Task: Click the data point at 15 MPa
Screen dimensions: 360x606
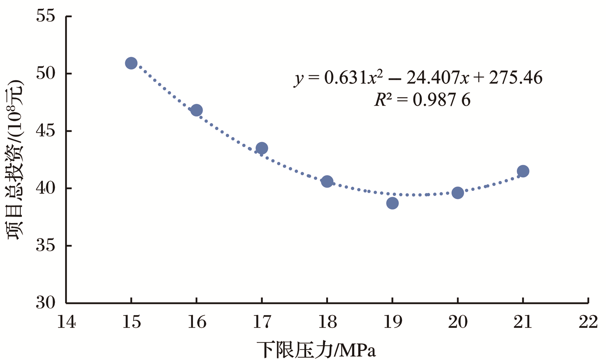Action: [x=131, y=63]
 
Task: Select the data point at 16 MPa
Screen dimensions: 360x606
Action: [x=197, y=110]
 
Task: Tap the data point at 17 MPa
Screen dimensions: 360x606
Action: [x=262, y=148]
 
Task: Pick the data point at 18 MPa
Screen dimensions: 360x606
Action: [x=327, y=182]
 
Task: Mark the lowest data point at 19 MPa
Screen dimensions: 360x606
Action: [x=392, y=203]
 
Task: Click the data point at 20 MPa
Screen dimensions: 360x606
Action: [x=458, y=193]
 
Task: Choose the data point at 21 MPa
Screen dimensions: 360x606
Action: [x=523, y=171]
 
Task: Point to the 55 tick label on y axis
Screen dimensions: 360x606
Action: [x=46, y=16]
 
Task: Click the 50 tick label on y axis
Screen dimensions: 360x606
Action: [x=46, y=73]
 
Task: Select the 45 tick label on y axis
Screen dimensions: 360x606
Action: [x=46, y=131]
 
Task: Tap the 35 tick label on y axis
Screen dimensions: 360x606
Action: [x=46, y=246]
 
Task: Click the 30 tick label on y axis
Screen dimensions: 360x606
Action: [x=46, y=303]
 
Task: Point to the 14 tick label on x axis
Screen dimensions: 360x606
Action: [x=66, y=322]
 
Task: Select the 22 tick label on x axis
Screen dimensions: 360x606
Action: [x=588, y=322]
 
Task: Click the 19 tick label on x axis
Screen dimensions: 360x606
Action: [x=392, y=322]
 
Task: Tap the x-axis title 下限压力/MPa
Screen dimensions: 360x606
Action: [x=316, y=350]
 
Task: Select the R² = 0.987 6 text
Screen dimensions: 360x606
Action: [x=422, y=100]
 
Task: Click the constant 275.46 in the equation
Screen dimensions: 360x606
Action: [x=515, y=78]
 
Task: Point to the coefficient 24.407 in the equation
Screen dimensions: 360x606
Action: [x=433, y=78]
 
